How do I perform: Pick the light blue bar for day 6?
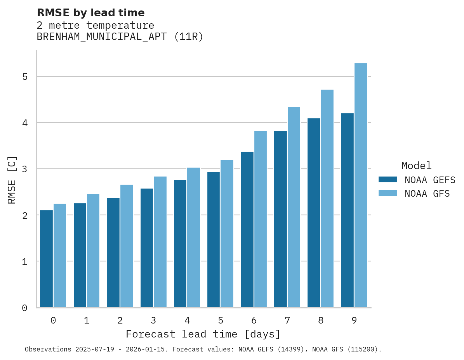(x=261, y=219)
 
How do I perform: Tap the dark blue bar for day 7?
(x=280, y=219)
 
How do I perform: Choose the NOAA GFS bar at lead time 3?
(x=160, y=242)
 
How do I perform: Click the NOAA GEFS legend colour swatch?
(x=388, y=180)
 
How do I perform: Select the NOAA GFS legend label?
(x=427, y=194)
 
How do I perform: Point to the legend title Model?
(x=416, y=166)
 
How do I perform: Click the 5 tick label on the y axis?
(x=25, y=77)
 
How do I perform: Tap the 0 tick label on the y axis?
(x=25, y=308)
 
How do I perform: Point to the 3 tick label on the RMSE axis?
(x=25, y=169)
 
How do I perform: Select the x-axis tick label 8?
(x=321, y=321)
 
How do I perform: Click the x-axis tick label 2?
(x=120, y=321)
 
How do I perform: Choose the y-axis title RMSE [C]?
(x=12, y=180)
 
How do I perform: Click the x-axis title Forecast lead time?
(x=203, y=334)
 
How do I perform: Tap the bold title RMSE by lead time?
(x=90, y=13)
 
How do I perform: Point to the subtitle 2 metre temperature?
(x=95, y=26)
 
